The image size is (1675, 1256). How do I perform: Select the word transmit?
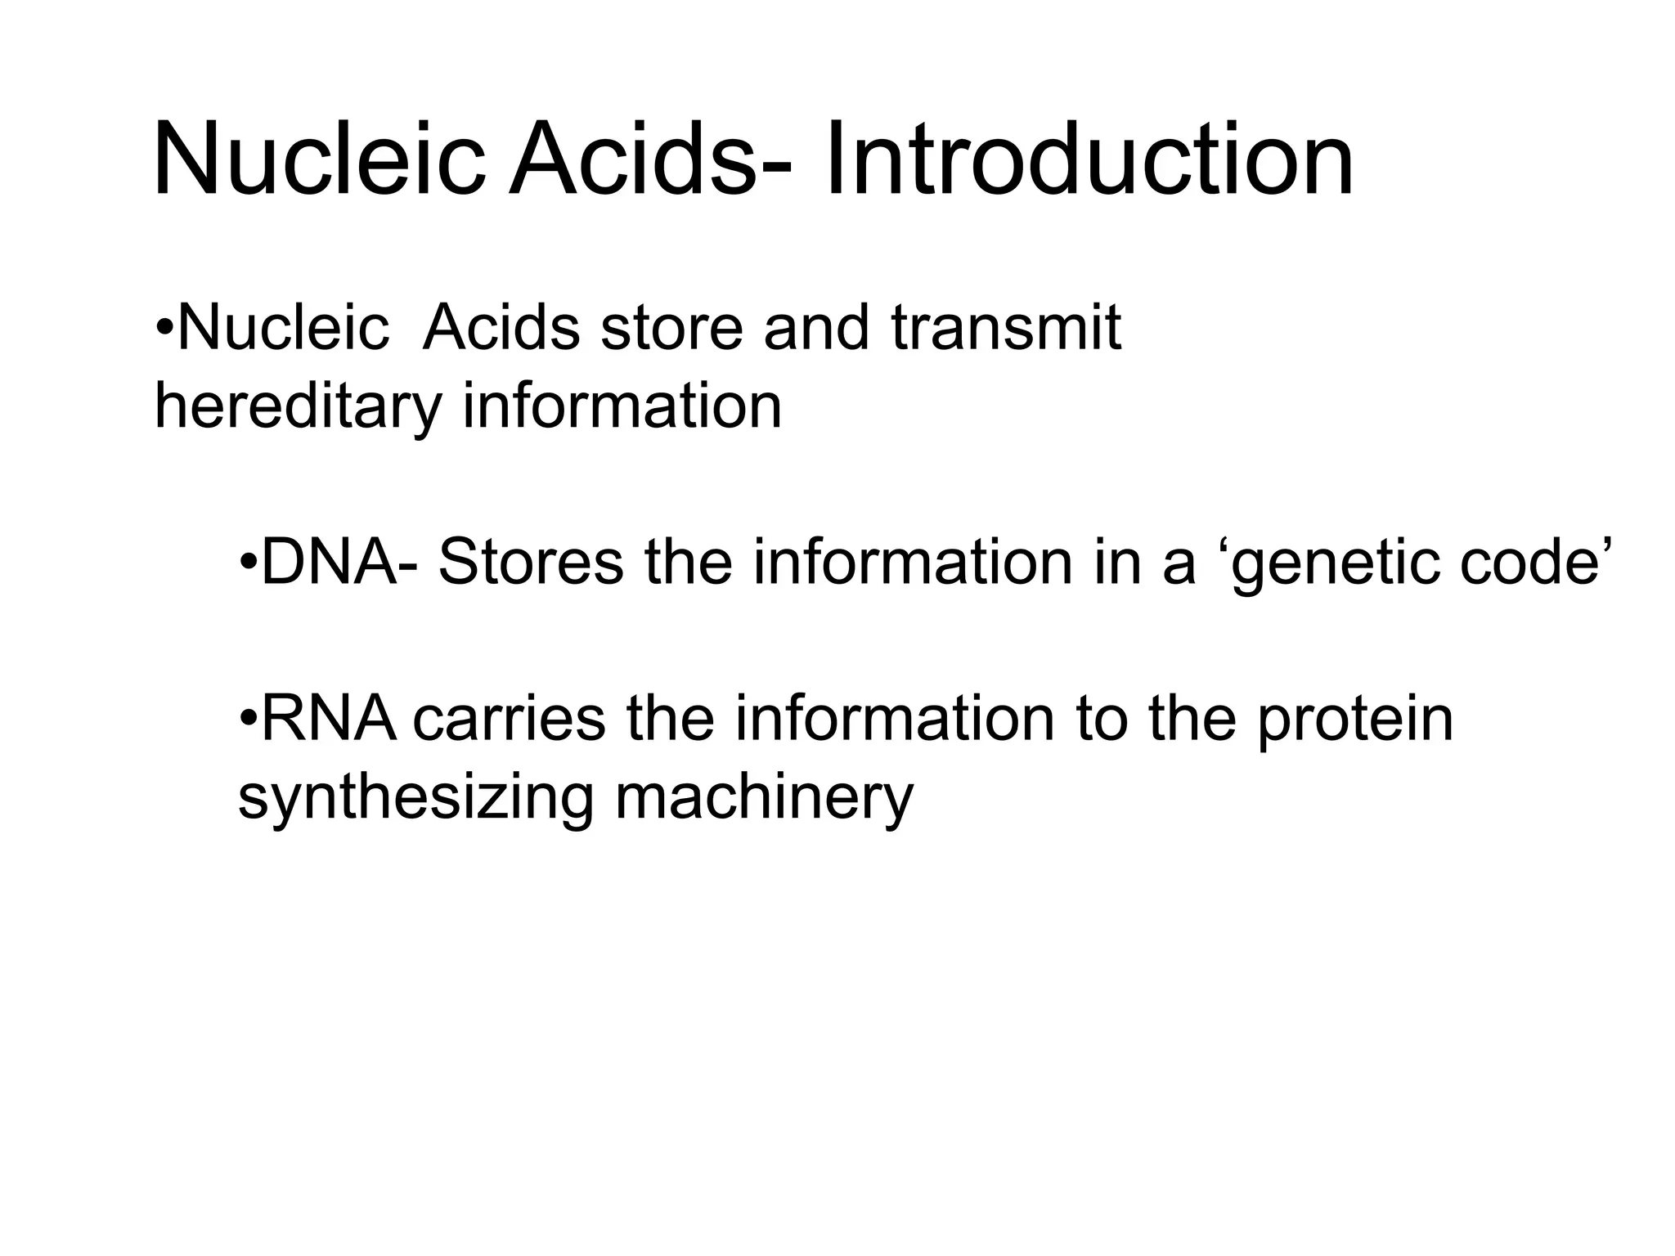click(x=1006, y=328)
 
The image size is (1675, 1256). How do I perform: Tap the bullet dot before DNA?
click(x=249, y=564)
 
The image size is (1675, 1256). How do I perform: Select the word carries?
click(x=509, y=719)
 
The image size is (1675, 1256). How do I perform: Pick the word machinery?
click(x=764, y=798)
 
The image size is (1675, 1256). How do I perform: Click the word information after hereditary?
click(x=622, y=406)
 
